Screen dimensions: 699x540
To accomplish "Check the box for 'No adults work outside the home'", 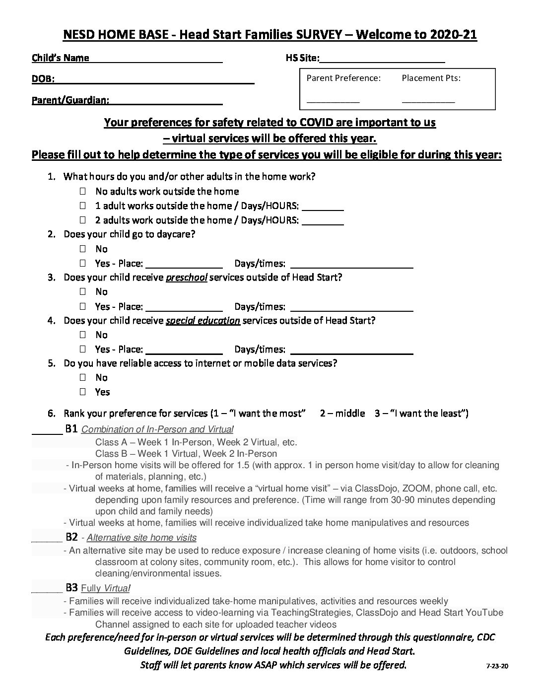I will [82, 191].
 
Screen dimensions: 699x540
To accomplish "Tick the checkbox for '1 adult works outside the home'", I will [82, 206].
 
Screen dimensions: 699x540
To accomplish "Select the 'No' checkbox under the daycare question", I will [82, 249].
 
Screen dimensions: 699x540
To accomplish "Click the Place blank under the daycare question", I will [184, 264].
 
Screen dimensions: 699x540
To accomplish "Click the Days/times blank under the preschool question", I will [351, 307].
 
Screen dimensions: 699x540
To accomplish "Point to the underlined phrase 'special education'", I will [202, 321].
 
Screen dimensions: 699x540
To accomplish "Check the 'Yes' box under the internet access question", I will [82, 392].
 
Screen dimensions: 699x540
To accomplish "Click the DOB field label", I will [43, 79].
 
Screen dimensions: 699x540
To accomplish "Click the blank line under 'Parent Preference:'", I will [333, 100].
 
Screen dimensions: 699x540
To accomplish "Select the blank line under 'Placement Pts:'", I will [428, 100].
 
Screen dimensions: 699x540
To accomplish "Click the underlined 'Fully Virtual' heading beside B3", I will [105, 589].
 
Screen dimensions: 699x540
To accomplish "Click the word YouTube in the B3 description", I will [485, 613].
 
